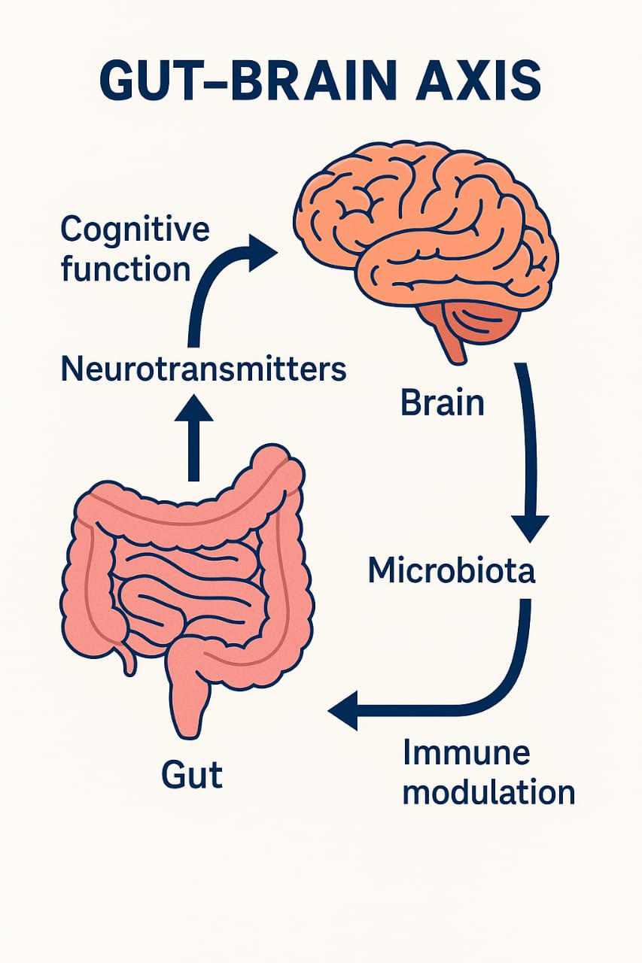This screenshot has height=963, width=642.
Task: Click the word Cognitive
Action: [x=135, y=229]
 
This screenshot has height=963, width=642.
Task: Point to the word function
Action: [x=125, y=269]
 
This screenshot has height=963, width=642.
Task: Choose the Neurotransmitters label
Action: [x=202, y=370]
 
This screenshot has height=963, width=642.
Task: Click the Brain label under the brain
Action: [x=443, y=403]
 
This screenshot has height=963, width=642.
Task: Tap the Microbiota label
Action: [x=452, y=571]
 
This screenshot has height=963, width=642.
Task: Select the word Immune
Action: [x=467, y=752]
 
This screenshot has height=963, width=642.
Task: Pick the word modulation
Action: [x=488, y=792]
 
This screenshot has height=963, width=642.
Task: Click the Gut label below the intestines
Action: [x=192, y=774]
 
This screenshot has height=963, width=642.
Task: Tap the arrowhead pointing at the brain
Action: [x=263, y=253]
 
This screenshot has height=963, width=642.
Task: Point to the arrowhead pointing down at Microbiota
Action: [x=530, y=527]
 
